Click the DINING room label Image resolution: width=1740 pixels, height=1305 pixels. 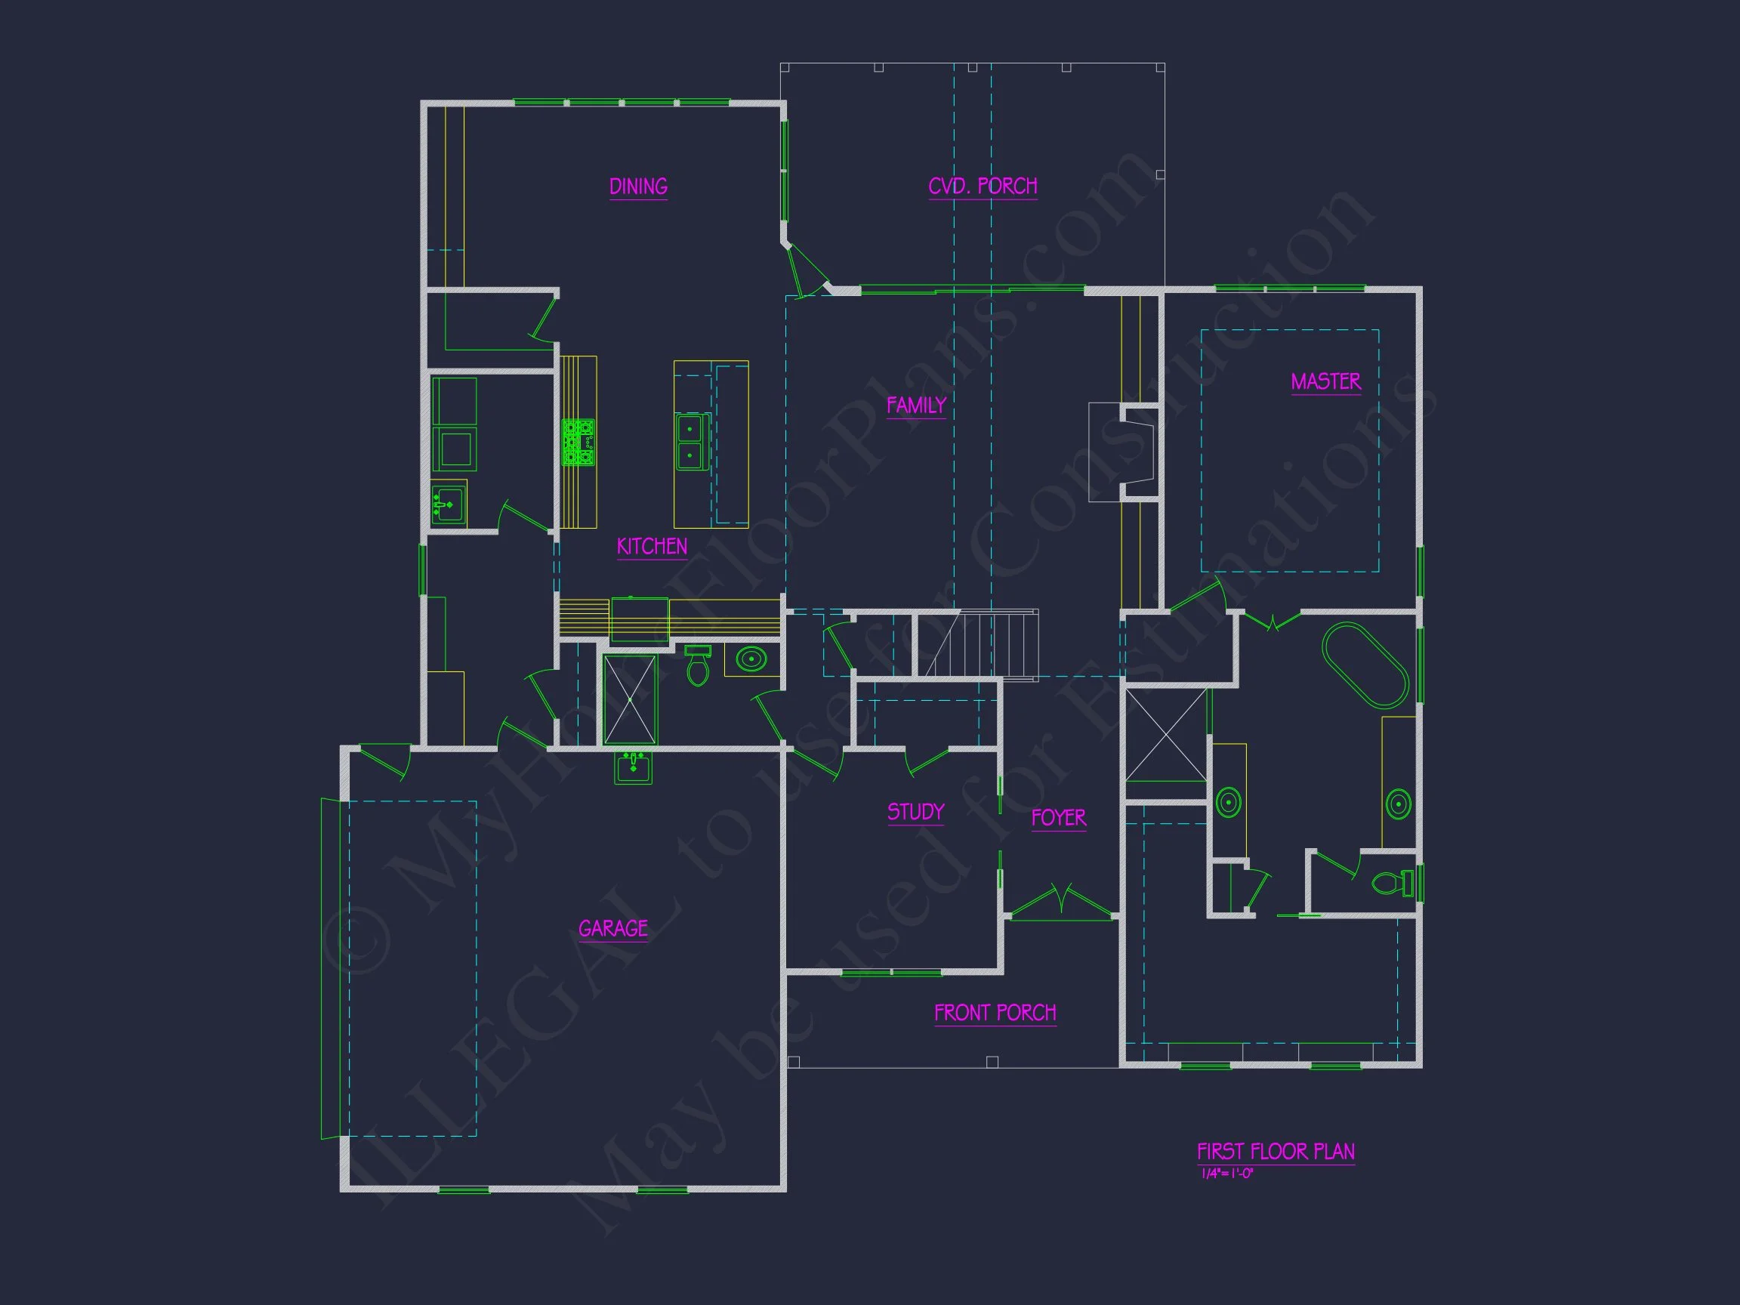click(x=638, y=187)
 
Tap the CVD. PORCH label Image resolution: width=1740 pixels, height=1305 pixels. click(x=983, y=186)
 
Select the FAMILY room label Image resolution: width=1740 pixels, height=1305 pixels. click(x=915, y=405)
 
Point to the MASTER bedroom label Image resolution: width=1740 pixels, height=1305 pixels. click(x=1325, y=381)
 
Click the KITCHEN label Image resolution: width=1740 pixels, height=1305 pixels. click(x=651, y=546)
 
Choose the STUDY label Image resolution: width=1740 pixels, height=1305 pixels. click(x=915, y=812)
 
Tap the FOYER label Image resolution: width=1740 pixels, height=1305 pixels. click(x=1058, y=818)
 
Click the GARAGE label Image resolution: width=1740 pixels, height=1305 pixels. click(x=612, y=928)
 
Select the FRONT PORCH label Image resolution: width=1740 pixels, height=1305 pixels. click(x=995, y=1013)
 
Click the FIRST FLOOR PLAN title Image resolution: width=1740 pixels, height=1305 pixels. click(x=1275, y=1152)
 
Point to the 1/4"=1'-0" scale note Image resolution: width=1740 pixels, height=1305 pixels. click(x=1227, y=1174)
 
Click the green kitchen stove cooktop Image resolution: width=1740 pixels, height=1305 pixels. click(x=578, y=442)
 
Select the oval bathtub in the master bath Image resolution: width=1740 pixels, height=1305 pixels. click(x=1365, y=665)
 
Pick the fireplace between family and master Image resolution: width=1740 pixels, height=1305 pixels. click(x=1125, y=452)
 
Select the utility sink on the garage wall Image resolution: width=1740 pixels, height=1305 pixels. click(x=633, y=767)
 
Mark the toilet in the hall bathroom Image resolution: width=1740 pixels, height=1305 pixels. click(x=698, y=667)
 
